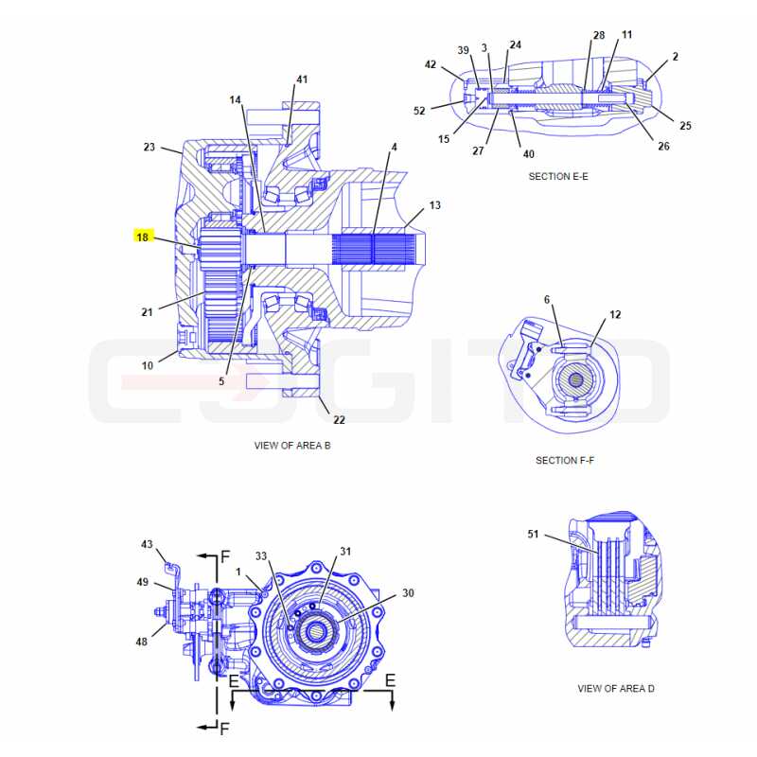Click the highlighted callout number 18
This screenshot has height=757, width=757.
coord(143,238)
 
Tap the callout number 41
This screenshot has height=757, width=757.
coord(302,79)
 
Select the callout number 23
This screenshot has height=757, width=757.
coord(150,147)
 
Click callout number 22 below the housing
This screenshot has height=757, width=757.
coord(340,420)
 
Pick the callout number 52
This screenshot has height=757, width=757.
coord(419,111)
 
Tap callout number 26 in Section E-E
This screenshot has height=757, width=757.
coord(664,146)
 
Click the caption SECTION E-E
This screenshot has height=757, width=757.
coord(558,177)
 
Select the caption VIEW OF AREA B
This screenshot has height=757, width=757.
coord(292,446)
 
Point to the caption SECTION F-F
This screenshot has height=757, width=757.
coord(565,461)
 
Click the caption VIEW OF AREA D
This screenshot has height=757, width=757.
coord(616,689)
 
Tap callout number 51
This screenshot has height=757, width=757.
coord(533,534)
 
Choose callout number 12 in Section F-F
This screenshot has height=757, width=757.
coord(615,315)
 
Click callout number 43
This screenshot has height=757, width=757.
coord(147,544)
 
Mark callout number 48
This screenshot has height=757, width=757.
coord(141,642)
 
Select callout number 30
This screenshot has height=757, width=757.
coord(408,593)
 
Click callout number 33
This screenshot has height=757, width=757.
coord(261,556)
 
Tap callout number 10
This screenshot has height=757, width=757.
coord(148,365)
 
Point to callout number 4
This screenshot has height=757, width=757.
coord(394,147)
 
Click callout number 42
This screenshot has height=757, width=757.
coord(431,64)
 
